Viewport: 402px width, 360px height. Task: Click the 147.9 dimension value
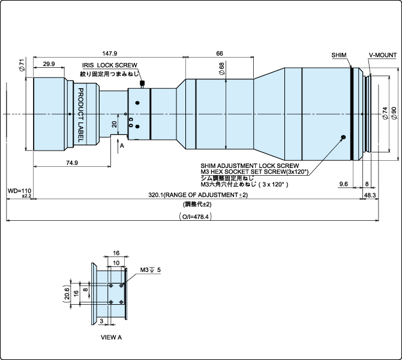tap(110, 53)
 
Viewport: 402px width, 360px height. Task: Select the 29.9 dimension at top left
tap(49, 64)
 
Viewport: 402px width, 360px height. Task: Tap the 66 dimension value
tap(220, 53)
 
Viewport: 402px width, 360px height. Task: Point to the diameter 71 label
tap(21, 65)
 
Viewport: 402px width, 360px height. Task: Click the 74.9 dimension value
tap(71, 163)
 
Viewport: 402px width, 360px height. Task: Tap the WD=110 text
tap(19, 190)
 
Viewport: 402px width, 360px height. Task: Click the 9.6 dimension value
tap(344, 184)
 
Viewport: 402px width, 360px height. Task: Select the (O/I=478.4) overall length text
tap(195, 216)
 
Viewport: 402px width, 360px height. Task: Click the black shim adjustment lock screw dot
tap(343, 137)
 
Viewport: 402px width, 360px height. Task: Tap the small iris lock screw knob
tap(142, 83)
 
